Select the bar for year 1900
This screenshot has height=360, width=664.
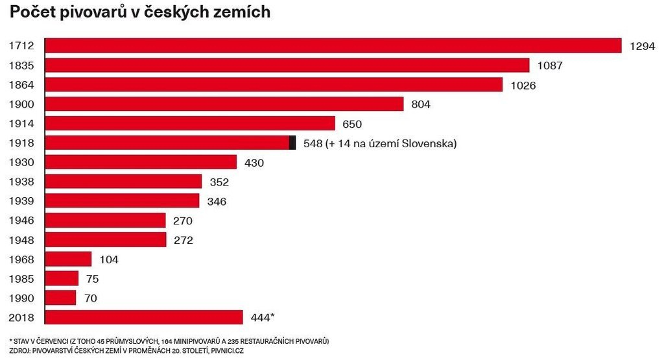(224, 104)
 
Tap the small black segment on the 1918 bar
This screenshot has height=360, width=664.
(292, 143)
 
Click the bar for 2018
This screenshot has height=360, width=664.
(144, 317)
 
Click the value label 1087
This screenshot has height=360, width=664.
(551, 66)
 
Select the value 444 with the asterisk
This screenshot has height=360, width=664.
(262, 317)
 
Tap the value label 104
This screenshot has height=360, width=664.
(109, 259)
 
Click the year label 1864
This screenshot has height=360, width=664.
(21, 85)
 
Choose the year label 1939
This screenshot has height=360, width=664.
(21, 201)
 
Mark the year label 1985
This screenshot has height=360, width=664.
(21, 279)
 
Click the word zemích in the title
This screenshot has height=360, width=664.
(246, 13)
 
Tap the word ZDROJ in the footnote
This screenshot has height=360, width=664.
(21, 351)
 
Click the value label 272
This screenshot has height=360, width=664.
(183, 240)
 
